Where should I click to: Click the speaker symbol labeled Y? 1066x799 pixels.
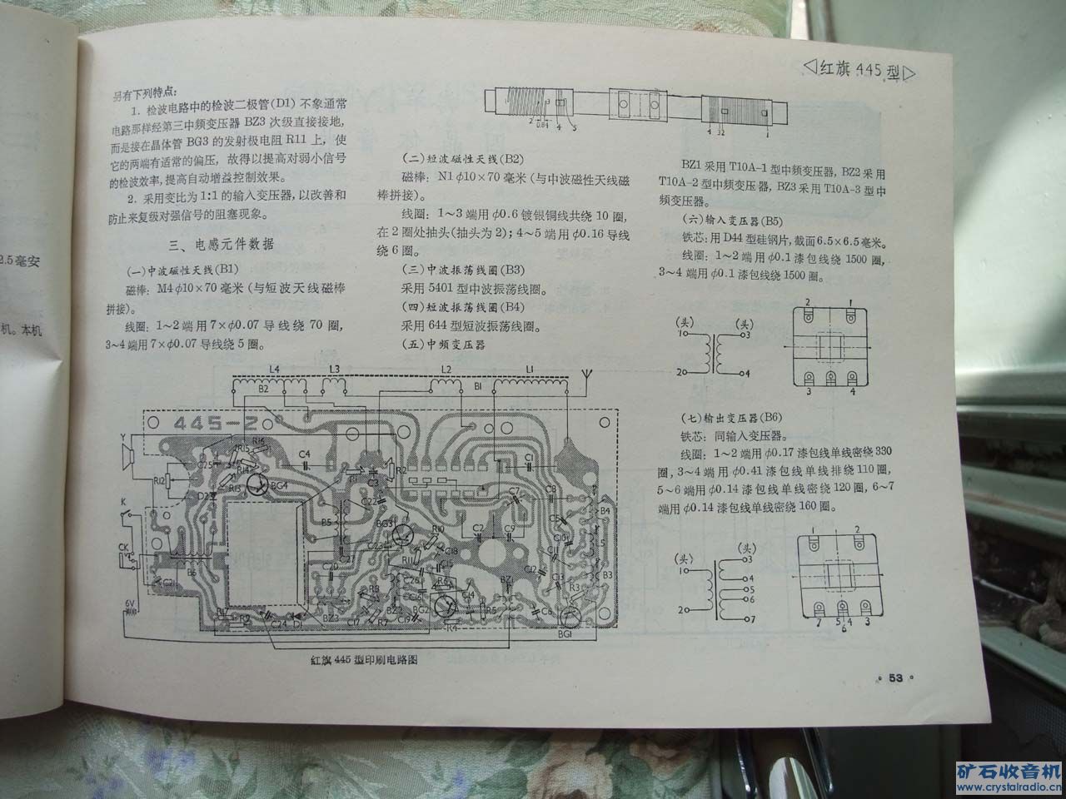pyautogui.click(x=127, y=454)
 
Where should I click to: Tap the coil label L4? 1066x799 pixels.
pyautogui.click(x=275, y=369)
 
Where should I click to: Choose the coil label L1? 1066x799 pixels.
pyautogui.click(x=530, y=369)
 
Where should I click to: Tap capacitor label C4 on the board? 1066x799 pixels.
pyautogui.click(x=305, y=454)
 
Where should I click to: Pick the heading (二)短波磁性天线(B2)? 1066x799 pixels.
pyautogui.click(x=462, y=159)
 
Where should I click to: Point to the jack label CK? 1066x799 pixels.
pyautogui.click(x=123, y=548)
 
